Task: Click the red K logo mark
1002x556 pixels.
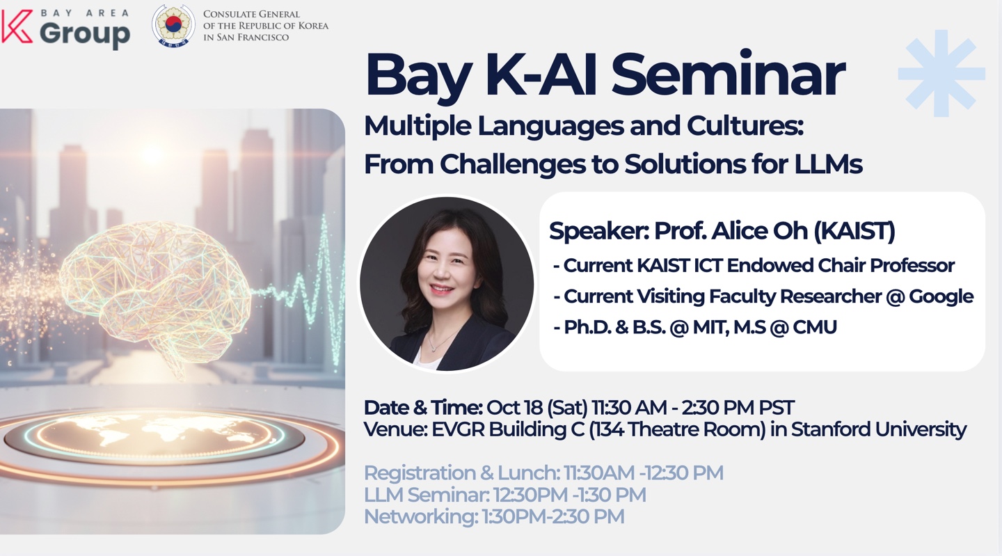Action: (16, 26)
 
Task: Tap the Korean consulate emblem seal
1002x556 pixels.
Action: (173, 26)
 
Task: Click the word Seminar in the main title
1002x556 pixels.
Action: (727, 74)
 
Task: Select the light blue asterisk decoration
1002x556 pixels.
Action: (941, 73)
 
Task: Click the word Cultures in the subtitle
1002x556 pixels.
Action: (745, 126)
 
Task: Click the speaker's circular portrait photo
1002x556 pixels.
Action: (447, 284)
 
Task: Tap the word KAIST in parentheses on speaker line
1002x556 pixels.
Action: (854, 231)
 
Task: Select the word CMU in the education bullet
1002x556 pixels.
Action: (814, 327)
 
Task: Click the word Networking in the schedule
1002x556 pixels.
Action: (420, 516)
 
